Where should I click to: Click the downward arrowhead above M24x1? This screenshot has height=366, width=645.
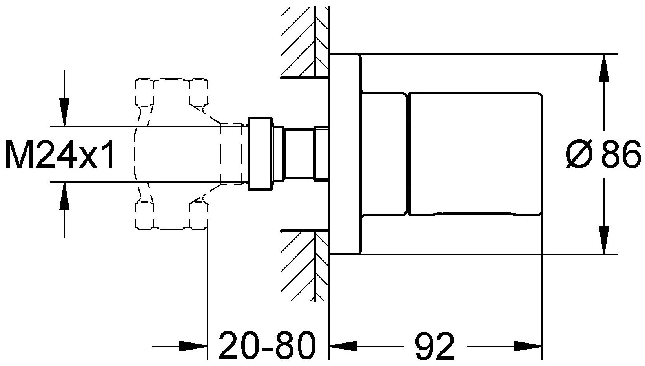(64, 112)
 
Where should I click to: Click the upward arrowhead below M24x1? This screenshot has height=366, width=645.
(64, 196)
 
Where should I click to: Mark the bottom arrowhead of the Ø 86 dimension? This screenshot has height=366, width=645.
(603, 240)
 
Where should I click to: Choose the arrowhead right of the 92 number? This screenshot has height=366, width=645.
(528, 346)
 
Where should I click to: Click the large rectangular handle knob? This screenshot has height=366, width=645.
(476, 154)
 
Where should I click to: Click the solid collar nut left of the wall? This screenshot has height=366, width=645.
(260, 154)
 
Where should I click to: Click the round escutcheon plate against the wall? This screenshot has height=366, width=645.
(344, 154)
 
